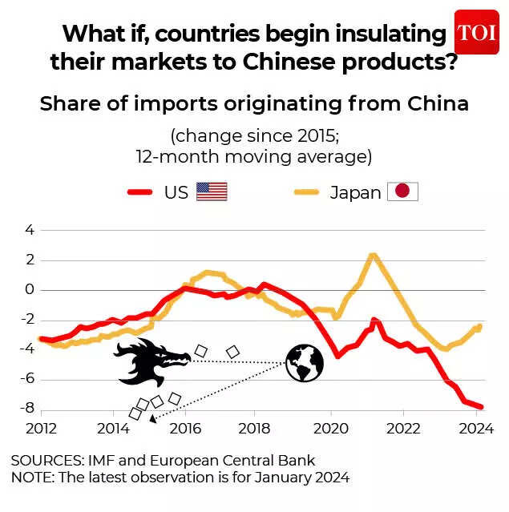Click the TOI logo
477,33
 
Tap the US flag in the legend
212,191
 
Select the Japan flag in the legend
402,191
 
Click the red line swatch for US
141,192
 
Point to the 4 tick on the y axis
30,230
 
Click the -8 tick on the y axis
26,408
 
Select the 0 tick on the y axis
30,289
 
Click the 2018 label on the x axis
254,428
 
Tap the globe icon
305,363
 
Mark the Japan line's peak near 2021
373,256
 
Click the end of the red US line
482,407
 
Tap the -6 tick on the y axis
26,378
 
